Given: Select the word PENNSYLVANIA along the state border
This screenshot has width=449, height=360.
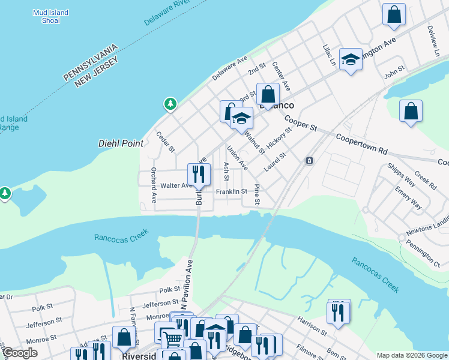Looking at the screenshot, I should tap(90, 62).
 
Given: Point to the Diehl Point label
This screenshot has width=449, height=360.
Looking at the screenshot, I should tap(121, 143).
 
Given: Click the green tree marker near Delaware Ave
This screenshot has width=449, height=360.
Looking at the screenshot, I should tap(171, 105).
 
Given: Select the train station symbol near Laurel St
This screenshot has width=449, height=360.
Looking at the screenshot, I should tap(309, 161).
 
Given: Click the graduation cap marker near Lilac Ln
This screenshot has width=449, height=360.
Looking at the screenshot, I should tap(351, 59).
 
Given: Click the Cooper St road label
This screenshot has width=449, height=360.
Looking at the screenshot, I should tap(300, 124).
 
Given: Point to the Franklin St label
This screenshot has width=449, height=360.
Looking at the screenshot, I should tap(232, 191).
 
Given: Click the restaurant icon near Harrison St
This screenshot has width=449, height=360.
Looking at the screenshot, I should tap(339, 312).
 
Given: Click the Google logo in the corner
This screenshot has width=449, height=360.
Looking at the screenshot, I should tap(20, 353).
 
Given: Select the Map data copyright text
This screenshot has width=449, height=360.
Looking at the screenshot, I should tap(411, 355).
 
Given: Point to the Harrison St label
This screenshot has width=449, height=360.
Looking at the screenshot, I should tap(312, 324).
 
